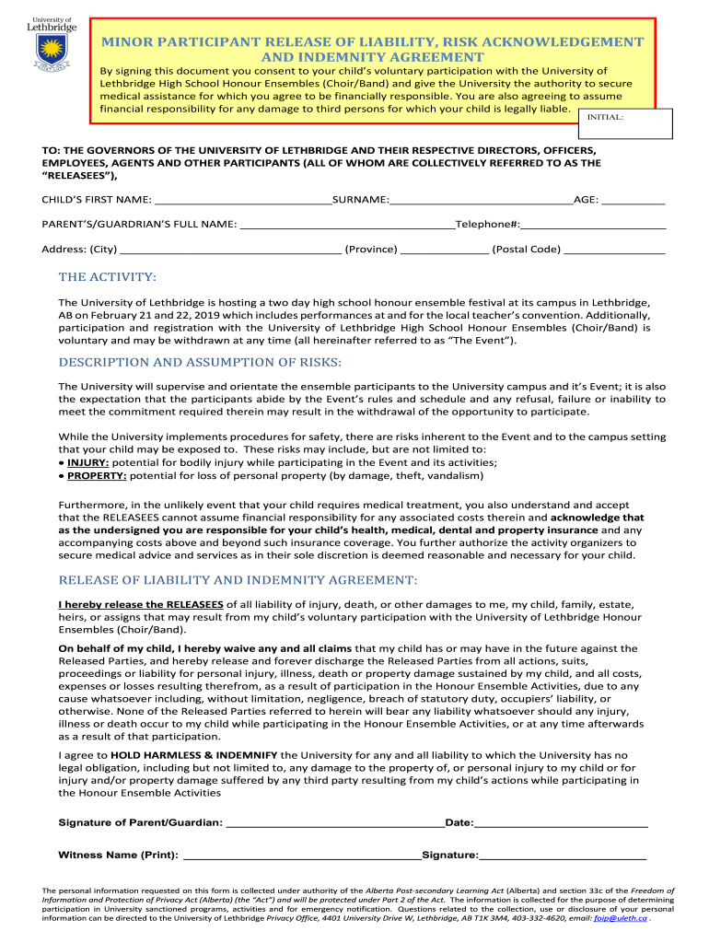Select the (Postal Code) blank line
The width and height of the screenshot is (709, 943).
[x=614, y=249]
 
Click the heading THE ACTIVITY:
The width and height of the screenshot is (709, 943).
[x=108, y=277]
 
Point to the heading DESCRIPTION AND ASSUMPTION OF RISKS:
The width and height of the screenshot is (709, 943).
[x=200, y=363]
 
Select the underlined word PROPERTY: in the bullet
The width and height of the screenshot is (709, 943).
[x=97, y=476]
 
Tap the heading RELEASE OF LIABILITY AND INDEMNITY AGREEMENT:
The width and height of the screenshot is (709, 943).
[x=238, y=580]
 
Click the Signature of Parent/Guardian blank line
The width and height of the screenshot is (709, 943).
[x=334, y=822]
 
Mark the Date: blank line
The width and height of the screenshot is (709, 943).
[x=561, y=822]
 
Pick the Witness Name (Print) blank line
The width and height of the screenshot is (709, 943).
[x=302, y=856]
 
